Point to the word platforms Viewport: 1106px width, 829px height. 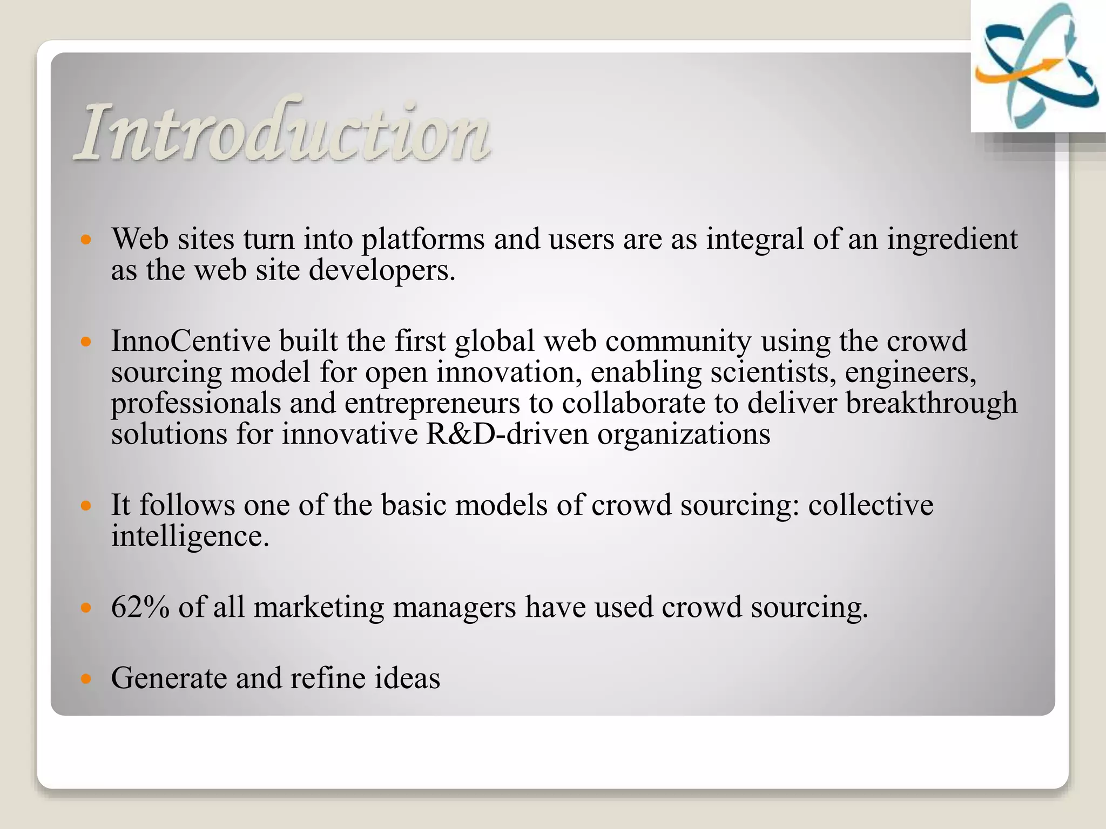click(x=423, y=239)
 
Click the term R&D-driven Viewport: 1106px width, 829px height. click(x=507, y=434)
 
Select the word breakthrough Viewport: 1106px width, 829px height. click(x=931, y=403)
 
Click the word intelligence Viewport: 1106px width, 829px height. click(x=190, y=536)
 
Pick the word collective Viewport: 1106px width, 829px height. click(x=871, y=506)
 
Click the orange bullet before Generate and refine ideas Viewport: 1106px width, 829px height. click(x=86, y=678)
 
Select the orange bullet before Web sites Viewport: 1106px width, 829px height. click(x=86, y=239)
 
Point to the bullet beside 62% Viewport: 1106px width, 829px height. click(x=86, y=608)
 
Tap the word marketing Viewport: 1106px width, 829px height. click(x=319, y=607)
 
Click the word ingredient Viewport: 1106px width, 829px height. click(x=953, y=239)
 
